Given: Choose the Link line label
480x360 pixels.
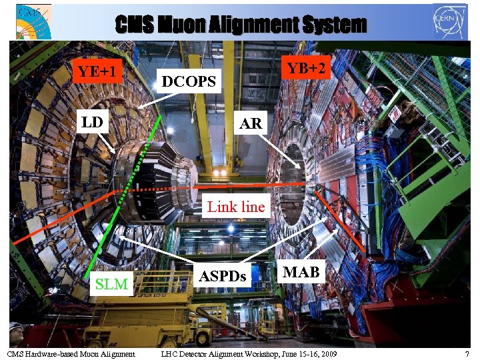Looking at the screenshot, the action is click(x=236, y=207).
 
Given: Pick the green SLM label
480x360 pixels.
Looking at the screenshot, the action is click(x=111, y=285).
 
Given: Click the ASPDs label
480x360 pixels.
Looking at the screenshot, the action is click(x=223, y=275).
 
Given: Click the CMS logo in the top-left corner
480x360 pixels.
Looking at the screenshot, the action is click(x=33, y=21).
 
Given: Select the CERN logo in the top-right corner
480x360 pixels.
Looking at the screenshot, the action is click(x=449, y=21).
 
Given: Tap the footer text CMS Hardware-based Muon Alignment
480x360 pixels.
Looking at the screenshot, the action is click(x=71, y=353).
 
